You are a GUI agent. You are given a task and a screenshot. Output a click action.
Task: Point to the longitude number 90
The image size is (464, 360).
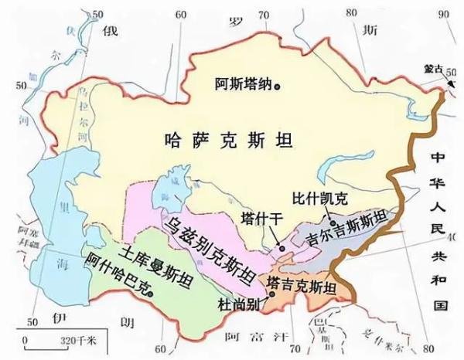(x=442, y=14)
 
